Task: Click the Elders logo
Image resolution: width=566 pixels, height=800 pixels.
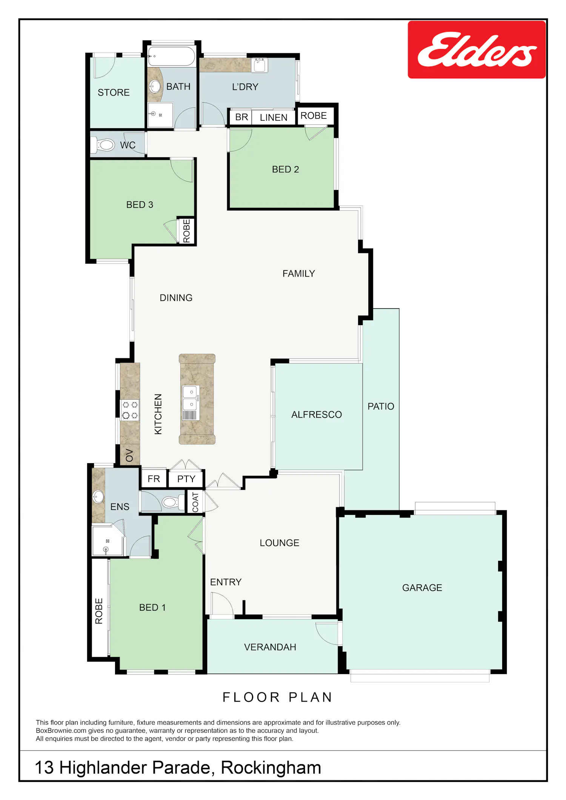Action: point(477,50)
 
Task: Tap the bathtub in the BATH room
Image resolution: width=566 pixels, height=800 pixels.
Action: point(172,57)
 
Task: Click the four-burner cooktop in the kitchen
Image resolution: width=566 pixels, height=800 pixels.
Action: point(130,410)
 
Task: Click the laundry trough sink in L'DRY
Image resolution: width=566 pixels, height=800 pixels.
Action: point(260,65)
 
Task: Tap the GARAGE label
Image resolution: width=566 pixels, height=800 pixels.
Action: point(422,588)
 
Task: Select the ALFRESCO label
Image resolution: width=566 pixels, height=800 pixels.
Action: point(317,415)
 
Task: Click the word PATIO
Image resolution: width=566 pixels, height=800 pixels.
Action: point(381,406)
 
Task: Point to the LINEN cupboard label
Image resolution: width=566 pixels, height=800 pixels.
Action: point(274,117)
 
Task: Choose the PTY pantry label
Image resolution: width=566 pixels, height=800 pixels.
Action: point(186,479)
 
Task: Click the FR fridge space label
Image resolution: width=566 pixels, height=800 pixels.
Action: point(154,479)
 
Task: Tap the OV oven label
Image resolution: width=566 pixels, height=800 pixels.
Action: point(129,455)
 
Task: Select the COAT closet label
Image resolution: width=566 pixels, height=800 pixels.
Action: point(195,502)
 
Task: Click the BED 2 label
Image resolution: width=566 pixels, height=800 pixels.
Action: point(285,169)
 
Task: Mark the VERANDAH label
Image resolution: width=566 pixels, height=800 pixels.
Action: point(270,647)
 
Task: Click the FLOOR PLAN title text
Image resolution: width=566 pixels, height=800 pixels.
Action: point(277,697)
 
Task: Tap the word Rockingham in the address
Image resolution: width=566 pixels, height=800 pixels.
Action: point(271,768)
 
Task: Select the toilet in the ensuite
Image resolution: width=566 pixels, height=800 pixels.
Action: point(170,502)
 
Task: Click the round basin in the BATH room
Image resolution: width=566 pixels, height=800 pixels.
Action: point(155,86)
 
